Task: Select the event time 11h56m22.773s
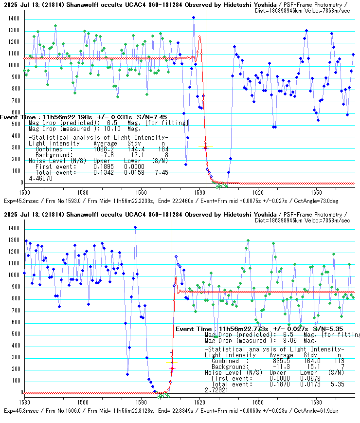point(241,330)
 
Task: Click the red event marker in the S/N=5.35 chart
point(172,368)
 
